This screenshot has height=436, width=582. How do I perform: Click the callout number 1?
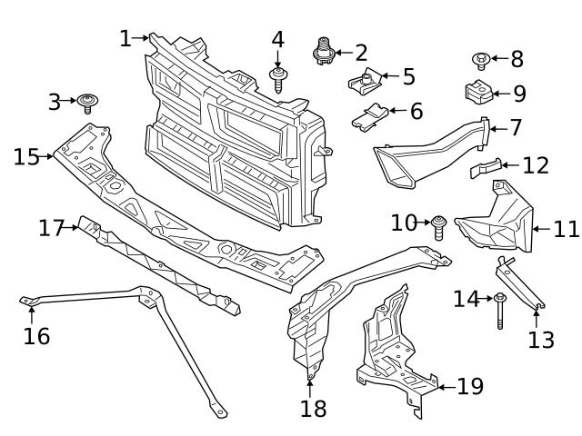(x=125, y=38)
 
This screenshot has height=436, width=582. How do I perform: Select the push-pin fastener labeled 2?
(x=324, y=51)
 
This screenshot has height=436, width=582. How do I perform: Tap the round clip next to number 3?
(x=88, y=100)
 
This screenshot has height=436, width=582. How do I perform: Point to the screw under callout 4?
(x=277, y=78)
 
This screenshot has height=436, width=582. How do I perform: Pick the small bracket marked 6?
(x=370, y=117)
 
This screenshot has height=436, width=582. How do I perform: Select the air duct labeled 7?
(x=427, y=152)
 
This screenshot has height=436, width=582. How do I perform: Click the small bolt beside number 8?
(x=481, y=61)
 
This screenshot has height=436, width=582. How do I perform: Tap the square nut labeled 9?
(x=478, y=93)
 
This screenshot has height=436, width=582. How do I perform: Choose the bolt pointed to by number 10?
(x=439, y=225)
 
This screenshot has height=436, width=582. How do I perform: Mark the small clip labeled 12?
(x=486, y=167)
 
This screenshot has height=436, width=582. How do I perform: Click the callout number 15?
(x=25, y=156)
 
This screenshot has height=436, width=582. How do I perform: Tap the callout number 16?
(x=37, y=336)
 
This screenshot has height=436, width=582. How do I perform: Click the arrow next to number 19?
(x=443, y=388)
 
